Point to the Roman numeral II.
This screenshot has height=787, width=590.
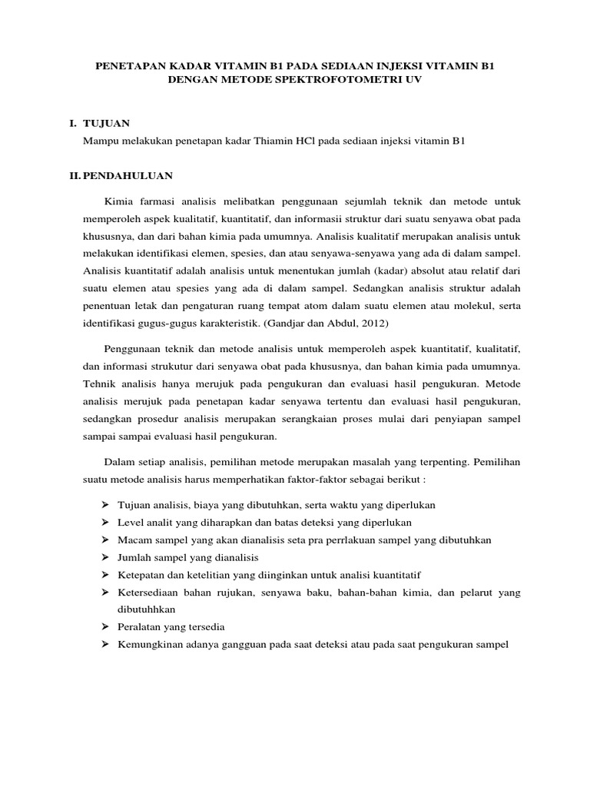click(x=74, y=175)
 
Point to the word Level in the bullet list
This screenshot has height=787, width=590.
click(x=130, y=523)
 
